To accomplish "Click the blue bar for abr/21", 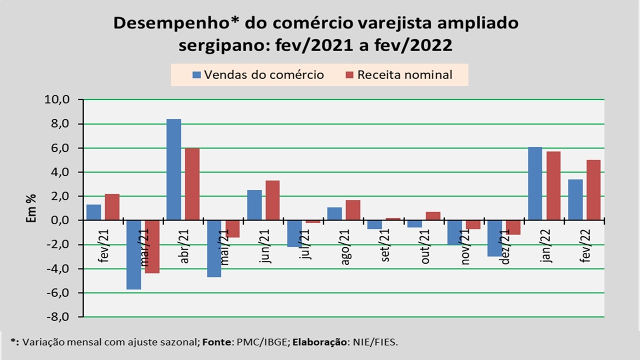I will (173, 169).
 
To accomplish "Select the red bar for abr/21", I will (192, 184).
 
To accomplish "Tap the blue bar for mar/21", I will (133, 254).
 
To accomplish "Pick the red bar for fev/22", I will (593, 190).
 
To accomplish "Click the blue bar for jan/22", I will (534, 183).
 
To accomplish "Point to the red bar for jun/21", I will (272, 200).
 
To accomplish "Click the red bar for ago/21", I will (352, 210).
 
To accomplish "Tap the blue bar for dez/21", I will (494, 238).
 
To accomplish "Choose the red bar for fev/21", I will (112, 207).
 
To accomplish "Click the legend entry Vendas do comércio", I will (258, 75).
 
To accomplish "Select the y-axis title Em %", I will (31, 208).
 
